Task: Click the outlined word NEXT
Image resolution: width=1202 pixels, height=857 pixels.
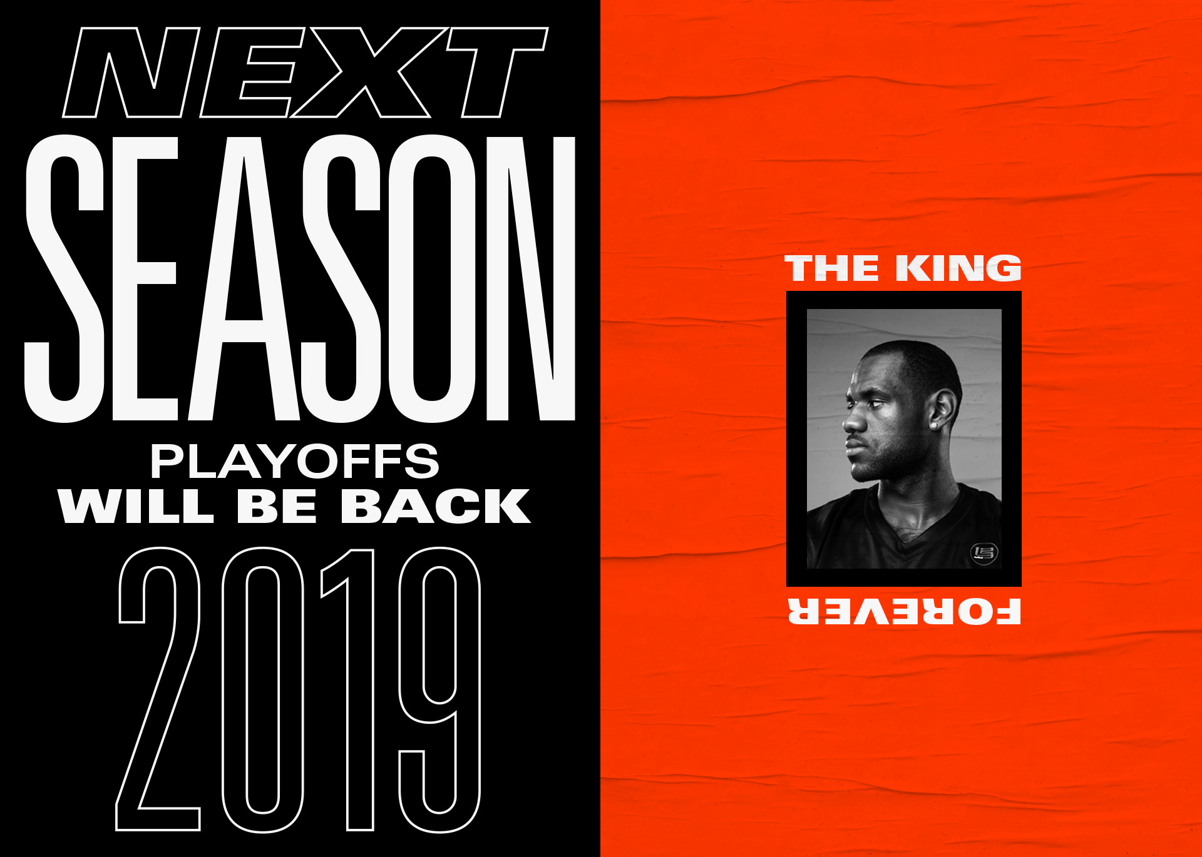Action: (x=306, y=73)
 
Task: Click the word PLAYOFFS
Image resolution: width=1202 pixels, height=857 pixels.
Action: (x=294, y=462)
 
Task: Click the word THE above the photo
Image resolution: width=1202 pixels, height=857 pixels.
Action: (x=832, y=268)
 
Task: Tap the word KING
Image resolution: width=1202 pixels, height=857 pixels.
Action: (x=958, y=268)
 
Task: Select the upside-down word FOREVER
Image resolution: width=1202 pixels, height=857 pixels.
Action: (x=904, y=611)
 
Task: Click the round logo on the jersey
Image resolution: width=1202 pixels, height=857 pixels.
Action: (x=984, y=552)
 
